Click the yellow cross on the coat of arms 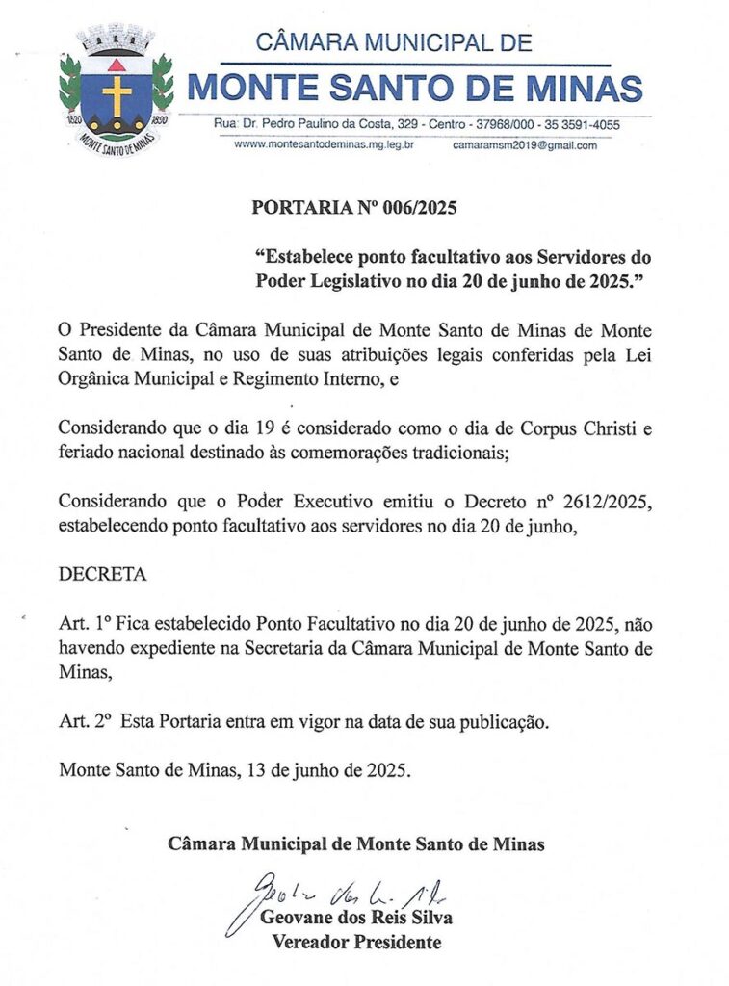[117, 94]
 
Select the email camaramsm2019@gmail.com [525, 145]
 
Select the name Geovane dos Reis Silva [356, 918]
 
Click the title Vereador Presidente [356, 943]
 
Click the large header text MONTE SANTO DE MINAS [414, 88]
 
